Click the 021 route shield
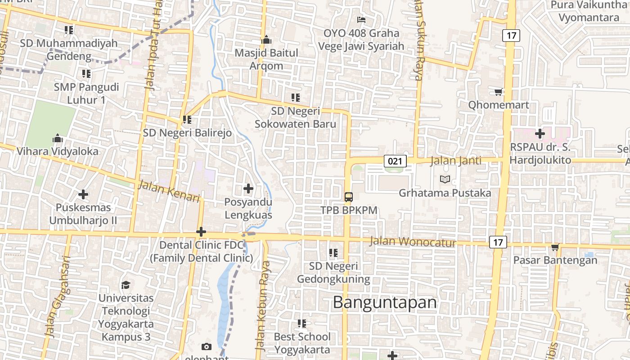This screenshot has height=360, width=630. click(x=396, y=161)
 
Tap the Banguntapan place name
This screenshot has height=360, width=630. click(x=385, y=302)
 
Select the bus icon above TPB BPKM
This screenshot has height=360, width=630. click(x=349, y=197)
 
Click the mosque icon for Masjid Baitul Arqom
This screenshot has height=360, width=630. click(x=266, y=40)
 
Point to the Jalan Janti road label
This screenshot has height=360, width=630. click(x=455, y=161)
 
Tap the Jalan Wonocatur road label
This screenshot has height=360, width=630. click(x=413, y=242)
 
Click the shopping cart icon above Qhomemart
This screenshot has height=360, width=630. click(x=498, y=92)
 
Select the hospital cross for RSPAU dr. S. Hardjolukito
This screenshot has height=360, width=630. click(x=540, y=134)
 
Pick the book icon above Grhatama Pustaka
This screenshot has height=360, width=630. click(x=445, y=180)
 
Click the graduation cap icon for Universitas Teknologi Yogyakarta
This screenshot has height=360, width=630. click(x=126, y=285)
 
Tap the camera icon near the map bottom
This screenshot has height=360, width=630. click(x=207, y=346)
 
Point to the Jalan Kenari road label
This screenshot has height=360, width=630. click(x=169, y=191)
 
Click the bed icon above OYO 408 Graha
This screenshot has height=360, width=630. click(x=361, y=19)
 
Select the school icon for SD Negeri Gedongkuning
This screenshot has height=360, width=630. click(x=333, y=253)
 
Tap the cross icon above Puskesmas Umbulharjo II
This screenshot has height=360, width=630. click(x=83, y=194)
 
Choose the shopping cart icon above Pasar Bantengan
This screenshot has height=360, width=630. click(x=555, y=247)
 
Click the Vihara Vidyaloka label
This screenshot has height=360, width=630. click(x=58, y=151)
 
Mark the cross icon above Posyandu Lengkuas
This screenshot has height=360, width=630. click(x=248, y=189)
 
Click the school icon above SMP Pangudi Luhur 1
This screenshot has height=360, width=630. click(x=86, y=73)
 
